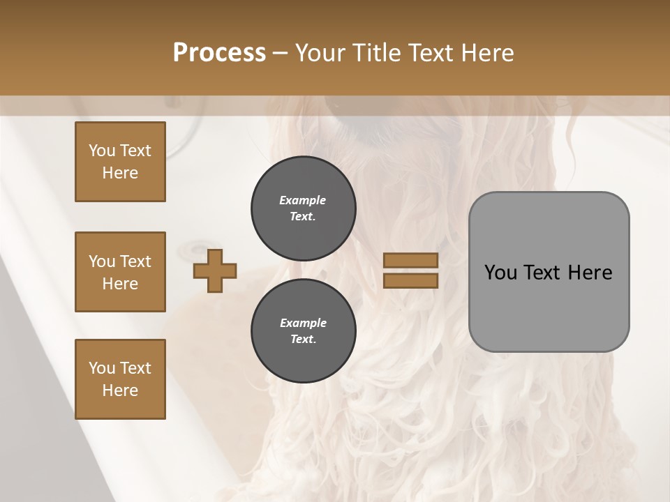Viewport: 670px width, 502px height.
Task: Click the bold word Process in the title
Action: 219,53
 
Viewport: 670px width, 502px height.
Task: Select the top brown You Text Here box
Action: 120,162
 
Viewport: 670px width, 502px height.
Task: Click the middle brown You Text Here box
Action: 120,272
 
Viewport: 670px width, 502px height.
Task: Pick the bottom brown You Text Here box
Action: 120,379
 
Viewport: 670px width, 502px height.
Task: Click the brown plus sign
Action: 215,271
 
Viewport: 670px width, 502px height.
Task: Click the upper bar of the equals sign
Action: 410,261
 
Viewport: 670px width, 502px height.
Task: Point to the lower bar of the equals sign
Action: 410,280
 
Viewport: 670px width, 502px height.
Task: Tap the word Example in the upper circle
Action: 303,200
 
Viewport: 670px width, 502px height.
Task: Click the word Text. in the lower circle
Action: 303,340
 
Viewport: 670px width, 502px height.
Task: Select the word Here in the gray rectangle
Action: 590,273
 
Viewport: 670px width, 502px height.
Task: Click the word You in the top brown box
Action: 102,151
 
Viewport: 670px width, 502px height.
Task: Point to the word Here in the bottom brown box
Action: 120,390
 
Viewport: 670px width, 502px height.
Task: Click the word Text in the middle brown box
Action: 135,261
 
